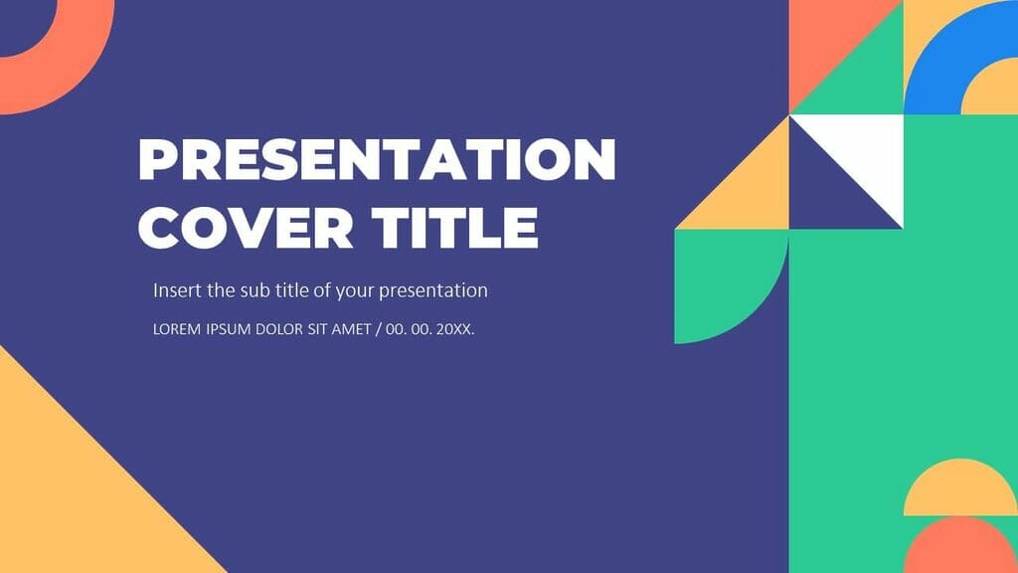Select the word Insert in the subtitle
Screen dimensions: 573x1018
coord(175,290)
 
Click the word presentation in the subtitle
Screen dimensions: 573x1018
coord(433,291)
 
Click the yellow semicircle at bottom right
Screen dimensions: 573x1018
coord(960,492)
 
